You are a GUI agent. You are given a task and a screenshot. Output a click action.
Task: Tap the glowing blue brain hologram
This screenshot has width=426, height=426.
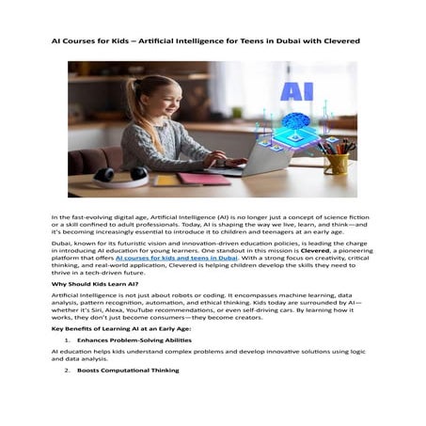pos(299,123)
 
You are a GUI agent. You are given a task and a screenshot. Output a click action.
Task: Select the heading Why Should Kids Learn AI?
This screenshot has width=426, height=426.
pos(95,283)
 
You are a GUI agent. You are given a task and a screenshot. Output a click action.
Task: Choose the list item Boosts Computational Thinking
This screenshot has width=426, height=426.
pos(128,371)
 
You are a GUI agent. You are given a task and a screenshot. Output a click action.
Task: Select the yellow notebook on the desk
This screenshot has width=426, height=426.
pos(168,179)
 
